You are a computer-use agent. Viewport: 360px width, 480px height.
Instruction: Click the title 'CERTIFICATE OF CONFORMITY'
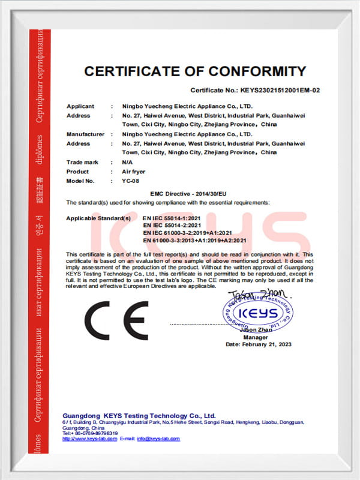point(195,71)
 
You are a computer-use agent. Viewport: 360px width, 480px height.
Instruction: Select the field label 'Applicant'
point(80,106)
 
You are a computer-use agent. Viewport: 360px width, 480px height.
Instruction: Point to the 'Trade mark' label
point(82,163)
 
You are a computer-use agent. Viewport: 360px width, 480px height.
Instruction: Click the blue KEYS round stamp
point(258,313)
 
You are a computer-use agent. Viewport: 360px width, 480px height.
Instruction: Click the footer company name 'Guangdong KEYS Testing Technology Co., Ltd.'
point(139,416)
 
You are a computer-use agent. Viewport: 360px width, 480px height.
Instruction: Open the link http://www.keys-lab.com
point(86,439)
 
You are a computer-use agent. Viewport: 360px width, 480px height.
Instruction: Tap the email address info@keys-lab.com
point(158,439)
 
